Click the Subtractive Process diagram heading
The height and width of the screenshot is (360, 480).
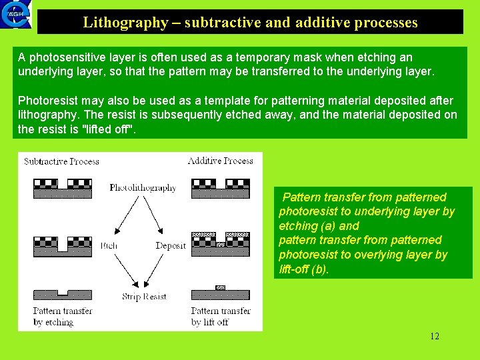pos(61,161)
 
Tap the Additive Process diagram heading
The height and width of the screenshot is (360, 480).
pos(220,161)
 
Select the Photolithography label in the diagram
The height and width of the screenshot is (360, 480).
pos(143,188)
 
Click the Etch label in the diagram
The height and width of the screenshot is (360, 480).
pos(109,246)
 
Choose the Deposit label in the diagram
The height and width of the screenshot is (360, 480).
pos(171,246)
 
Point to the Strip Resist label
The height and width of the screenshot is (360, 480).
pos(144,297)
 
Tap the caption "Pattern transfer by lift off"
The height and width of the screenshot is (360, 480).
pos(221,317)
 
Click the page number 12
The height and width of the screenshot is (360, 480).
pos(434,336)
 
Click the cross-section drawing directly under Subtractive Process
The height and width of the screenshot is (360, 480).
pos(62,189)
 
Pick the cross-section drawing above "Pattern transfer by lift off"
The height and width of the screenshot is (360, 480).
pos(220,293)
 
